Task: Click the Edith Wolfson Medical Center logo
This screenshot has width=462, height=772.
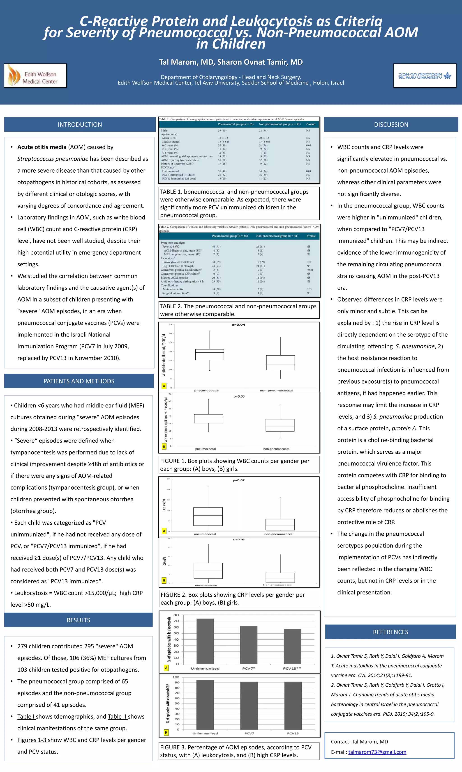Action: (x=35, y=75)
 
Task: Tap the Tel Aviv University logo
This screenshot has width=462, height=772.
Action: (x=425, y=75)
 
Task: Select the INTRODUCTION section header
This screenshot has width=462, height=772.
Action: (x=80, y=124)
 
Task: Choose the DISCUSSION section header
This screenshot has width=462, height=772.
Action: (x=391, y=124)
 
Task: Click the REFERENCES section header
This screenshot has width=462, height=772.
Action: (x=390, y=632)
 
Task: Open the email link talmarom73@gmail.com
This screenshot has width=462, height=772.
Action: (x=377, y=752)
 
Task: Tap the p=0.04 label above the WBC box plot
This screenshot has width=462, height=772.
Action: (x=238, y=324)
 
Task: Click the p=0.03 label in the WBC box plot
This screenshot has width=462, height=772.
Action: (x=239, y=396)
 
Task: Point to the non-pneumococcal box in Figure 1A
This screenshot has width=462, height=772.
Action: (x=280, y=363)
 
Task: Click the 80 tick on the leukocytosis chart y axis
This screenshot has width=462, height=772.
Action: (x=176, y=615)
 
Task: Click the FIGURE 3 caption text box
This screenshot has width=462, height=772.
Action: (x=239, y=751)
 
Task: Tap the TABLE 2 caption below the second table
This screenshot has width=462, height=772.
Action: (x=239, y=310)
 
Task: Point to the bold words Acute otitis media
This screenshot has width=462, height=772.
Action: (x=42, y=147)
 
